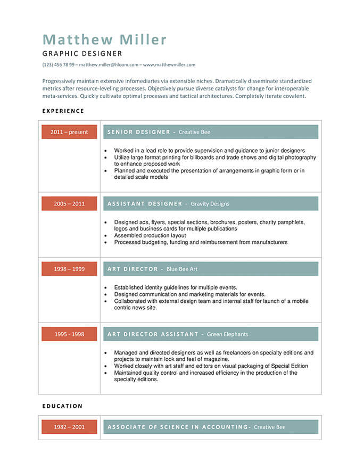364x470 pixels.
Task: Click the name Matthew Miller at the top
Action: (104, 39)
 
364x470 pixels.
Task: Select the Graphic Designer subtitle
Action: (82, 53)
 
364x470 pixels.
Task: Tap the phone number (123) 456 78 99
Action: (58, 65)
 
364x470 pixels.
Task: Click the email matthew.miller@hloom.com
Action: (109, 65)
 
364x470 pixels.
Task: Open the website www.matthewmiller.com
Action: (169, 65)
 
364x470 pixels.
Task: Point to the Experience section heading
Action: (63, 111)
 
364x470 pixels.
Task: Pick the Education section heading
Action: (62, 406)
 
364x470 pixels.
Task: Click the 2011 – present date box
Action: (69, 132)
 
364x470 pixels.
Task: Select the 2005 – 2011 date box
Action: (69, 204)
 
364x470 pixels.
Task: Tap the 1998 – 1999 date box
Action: (69, 269)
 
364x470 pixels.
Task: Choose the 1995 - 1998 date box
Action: (69, 334)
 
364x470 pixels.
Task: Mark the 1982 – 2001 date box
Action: (69, 427)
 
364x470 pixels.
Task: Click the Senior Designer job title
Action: (138, 132)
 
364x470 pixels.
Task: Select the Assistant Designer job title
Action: (144, 204)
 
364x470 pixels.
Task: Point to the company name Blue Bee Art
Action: (181, 269)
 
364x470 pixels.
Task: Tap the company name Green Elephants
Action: (227, 334)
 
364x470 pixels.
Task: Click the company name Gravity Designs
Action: (210, 204)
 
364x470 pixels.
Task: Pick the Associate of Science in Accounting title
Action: (177, 427)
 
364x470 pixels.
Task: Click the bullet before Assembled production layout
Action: (107, 235)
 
